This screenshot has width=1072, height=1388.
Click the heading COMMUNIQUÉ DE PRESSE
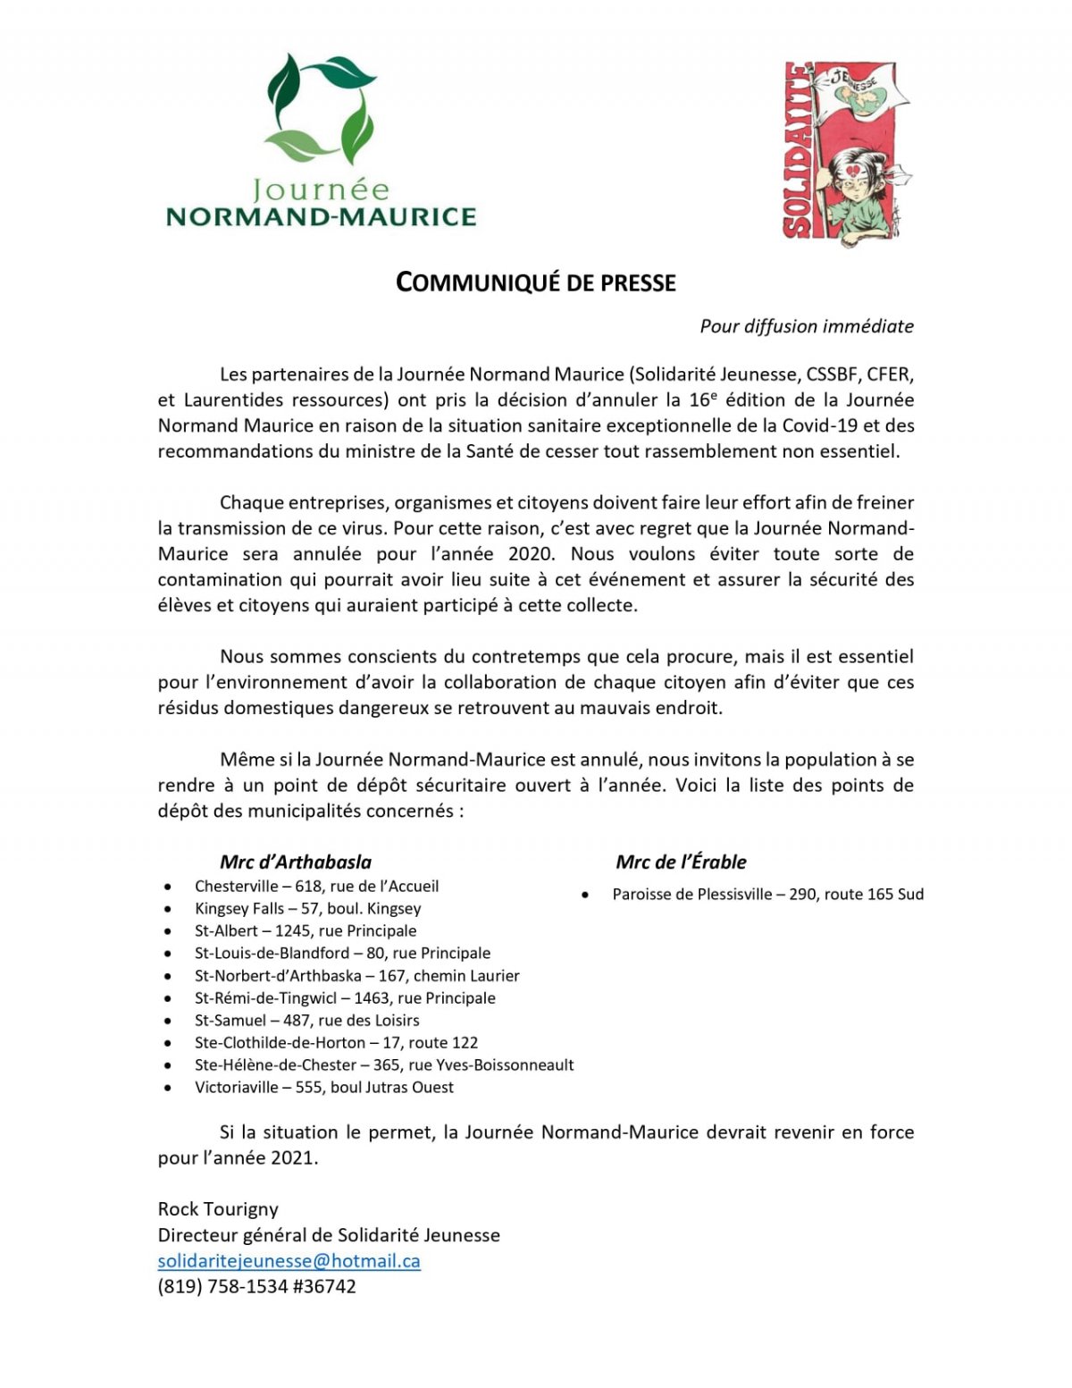536,282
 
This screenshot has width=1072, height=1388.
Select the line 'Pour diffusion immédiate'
806,326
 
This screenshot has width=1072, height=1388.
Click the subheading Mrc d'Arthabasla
296,862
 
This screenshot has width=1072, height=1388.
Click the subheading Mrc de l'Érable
681,862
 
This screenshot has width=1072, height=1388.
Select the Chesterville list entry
316,887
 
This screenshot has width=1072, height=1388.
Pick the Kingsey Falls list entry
307,909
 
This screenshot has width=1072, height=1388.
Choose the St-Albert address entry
306,931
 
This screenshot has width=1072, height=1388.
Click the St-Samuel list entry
306,1021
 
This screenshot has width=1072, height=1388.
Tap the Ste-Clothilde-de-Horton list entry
336,1043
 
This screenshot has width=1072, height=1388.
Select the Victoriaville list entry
323,1088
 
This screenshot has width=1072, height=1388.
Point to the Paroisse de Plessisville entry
767,895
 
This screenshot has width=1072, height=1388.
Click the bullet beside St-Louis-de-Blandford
167,955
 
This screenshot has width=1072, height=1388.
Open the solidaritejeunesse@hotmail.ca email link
289,1261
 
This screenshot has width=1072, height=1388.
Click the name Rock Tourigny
218,1209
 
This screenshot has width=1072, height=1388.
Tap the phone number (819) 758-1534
223,1287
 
